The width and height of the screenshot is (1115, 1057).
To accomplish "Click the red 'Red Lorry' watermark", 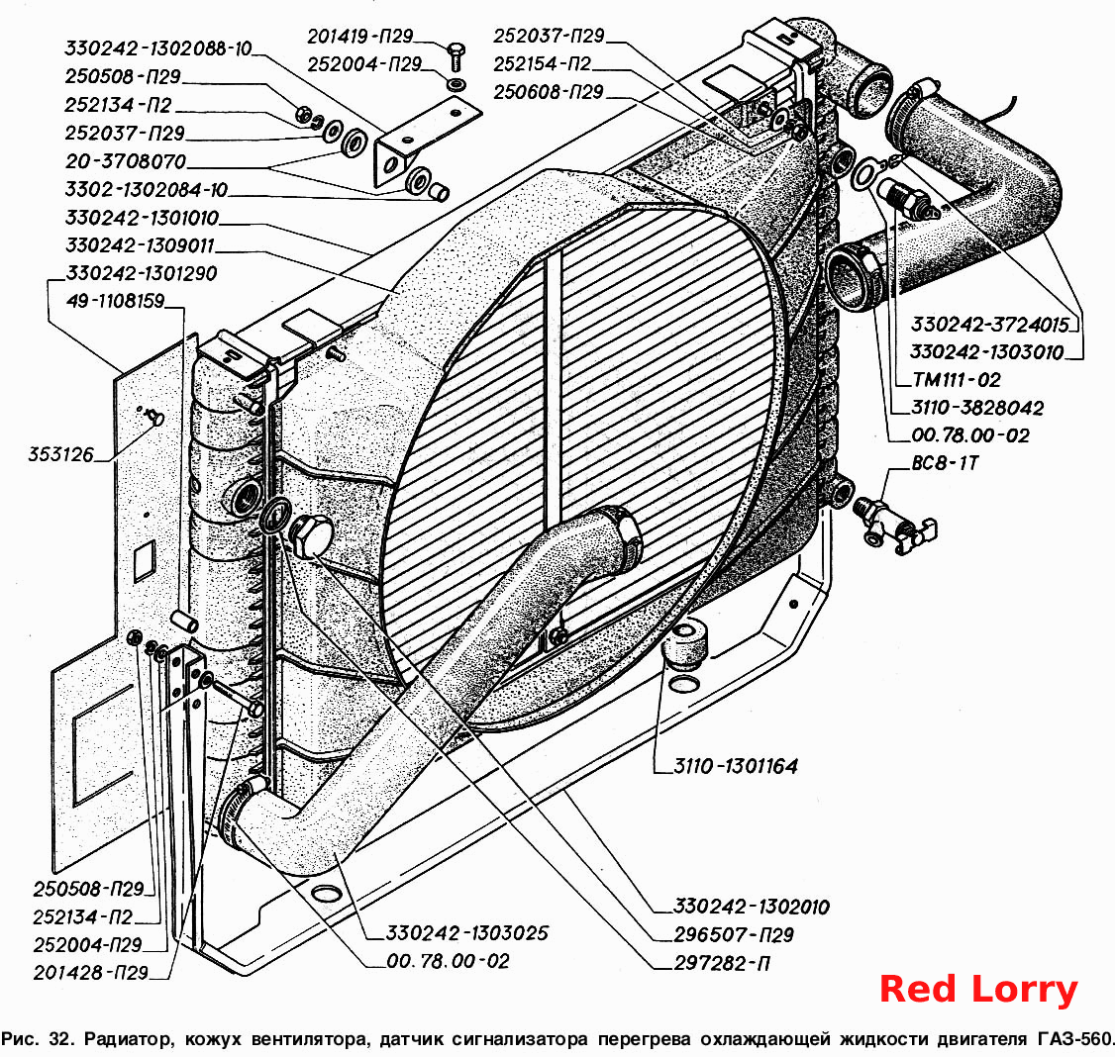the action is click(978, 989).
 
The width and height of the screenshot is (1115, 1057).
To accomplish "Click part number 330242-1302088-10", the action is click(158, 48).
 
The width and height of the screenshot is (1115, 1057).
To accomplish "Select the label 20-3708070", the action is click(126, 161).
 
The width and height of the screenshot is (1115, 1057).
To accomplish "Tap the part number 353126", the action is click(60, 454).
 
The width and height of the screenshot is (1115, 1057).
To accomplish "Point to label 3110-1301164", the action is click(736, 766).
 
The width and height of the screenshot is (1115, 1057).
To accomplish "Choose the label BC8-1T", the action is click(945, 463).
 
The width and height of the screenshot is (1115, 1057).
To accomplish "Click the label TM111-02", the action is click(957, 380).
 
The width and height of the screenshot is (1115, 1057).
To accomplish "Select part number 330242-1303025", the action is click(467, 932).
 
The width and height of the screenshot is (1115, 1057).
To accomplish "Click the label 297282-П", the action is click(722, 963).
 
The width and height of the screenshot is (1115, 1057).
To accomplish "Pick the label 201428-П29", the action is click(90, 973).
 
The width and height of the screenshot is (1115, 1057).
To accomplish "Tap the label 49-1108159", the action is click(115, 302).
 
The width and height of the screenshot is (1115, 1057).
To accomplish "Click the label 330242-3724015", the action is click(990, 325).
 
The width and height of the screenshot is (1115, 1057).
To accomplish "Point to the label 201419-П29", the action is click(359, 37).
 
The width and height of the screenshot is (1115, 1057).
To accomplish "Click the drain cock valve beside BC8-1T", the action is click(897, 526).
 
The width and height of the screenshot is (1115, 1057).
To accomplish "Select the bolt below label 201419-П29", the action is click(456, 56).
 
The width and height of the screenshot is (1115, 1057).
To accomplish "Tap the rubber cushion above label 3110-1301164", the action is click(685, 642).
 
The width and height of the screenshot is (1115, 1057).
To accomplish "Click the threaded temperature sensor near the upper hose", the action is click(908, 200).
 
